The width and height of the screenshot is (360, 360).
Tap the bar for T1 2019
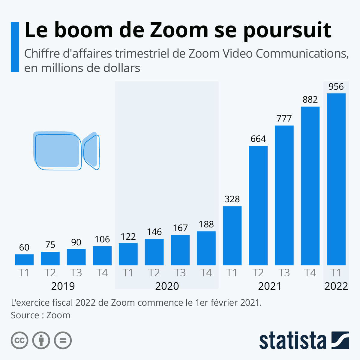click(24, 260)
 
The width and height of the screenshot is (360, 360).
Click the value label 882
click(310, 100)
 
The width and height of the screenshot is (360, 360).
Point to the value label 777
click(284, 118)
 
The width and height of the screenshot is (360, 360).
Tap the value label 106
click(102, 239)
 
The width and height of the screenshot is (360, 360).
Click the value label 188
click(206, 224)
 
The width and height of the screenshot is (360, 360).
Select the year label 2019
click(63, 286)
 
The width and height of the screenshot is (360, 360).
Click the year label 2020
click(167, 286)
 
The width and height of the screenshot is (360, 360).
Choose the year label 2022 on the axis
click(336, 286)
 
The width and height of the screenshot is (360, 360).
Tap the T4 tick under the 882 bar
click(310, 273)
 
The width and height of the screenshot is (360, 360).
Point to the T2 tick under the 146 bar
click(154, 273)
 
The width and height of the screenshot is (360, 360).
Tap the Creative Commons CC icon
click(19, 340)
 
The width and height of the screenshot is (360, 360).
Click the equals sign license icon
click(63, 340)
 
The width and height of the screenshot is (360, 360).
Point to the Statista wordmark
click(292, 340)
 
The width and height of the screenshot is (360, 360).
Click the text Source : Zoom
click(40, 315)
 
